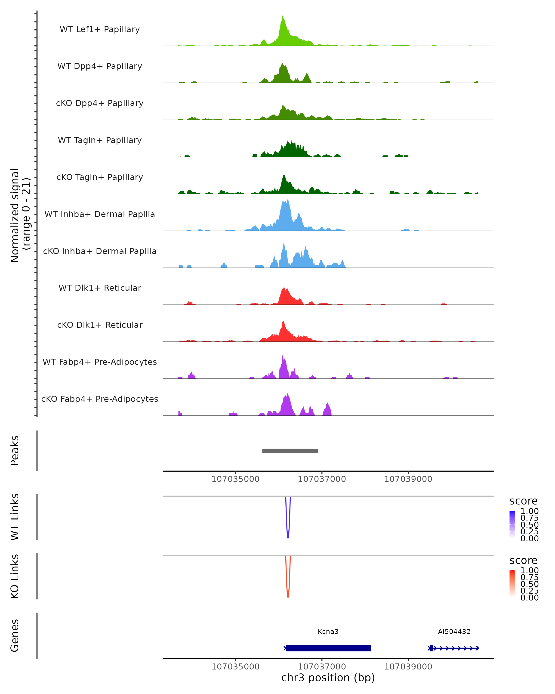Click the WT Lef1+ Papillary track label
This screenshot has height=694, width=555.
point(100,29)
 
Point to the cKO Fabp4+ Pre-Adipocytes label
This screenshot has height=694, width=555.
point(100,399)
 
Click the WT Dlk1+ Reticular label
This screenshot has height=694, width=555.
point(100,288)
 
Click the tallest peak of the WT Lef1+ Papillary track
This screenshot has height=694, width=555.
point(283,17)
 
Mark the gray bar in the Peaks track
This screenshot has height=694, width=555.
point(290,451)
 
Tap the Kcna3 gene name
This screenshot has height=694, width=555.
point(328,632)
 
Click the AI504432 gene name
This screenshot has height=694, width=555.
point(454,632)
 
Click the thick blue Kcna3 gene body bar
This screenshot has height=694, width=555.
point(328,648)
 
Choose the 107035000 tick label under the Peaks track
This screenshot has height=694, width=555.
point(235,479)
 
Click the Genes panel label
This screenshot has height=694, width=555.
point(15,635)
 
